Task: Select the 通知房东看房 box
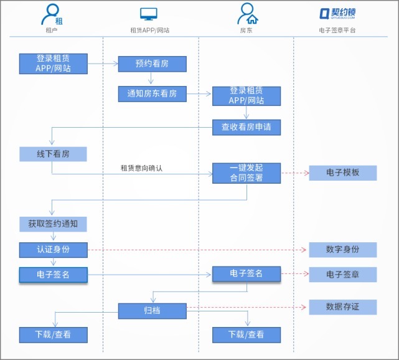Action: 152,94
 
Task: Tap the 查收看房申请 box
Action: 246,127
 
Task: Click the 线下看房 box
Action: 53,154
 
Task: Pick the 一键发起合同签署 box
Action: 246,173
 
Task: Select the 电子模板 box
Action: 343,173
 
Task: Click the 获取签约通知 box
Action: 53,224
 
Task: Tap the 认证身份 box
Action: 53,250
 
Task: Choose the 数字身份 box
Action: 343,250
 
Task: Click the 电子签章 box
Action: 343,275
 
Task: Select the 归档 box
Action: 152,310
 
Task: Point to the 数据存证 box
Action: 343,306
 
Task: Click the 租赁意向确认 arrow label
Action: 141,168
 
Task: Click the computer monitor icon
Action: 149,14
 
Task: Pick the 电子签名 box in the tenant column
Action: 53,275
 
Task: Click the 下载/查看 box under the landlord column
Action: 246,334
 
